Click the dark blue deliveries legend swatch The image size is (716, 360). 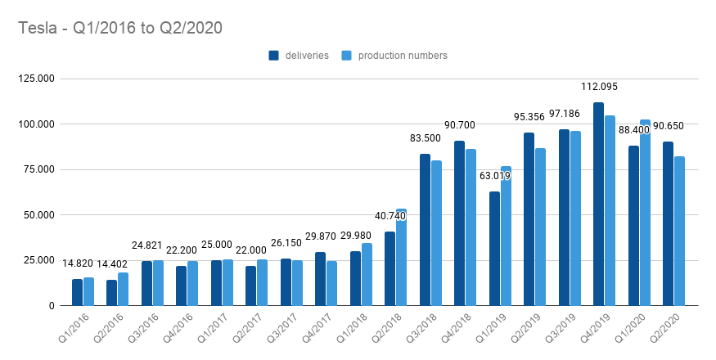pyautogui.click(x=274, y=56)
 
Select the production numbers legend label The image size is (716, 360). pyautogui.click(x=403, y=56)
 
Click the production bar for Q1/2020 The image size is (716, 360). pyautogui.click(x=645, y=213)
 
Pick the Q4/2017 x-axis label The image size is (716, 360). pyautogui.click(x=317, y=331)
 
